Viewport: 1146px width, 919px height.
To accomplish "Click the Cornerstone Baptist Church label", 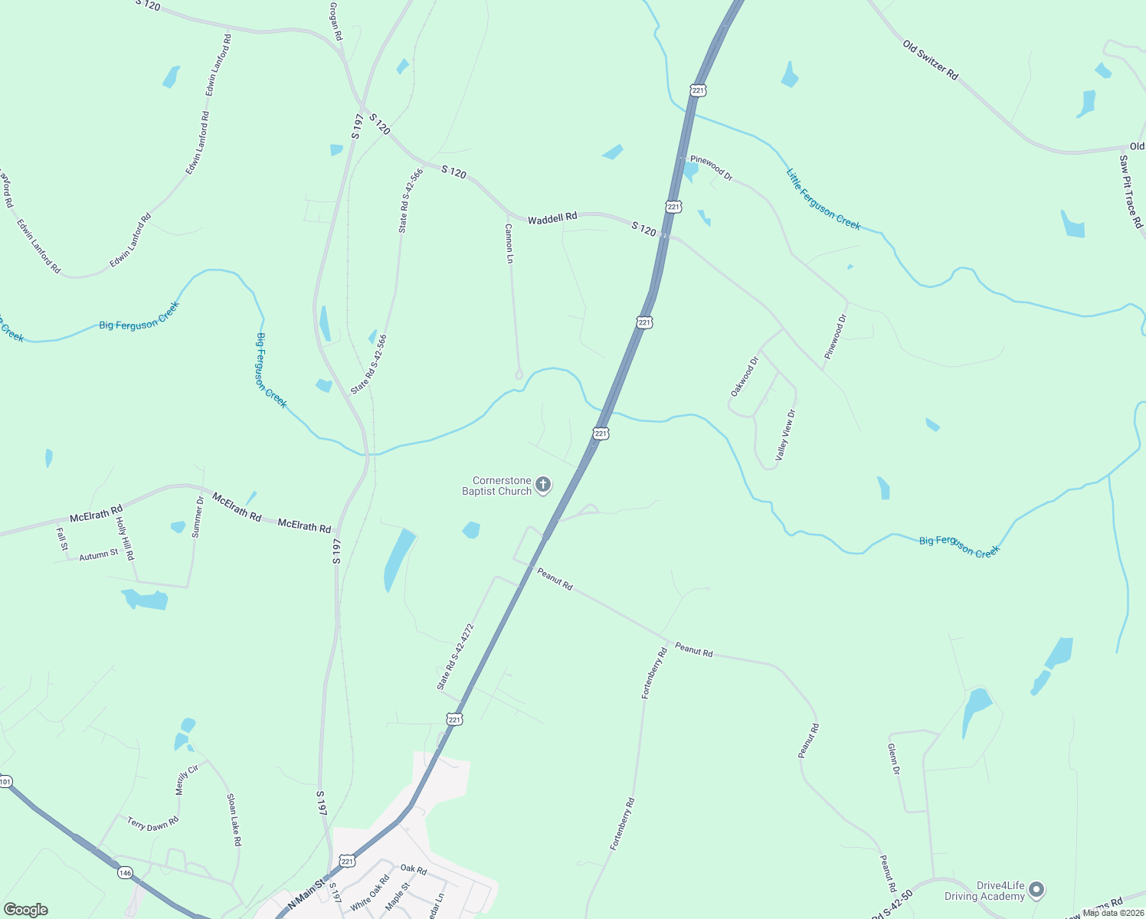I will [496, 486].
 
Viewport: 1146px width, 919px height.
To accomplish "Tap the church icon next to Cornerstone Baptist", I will [543, 484].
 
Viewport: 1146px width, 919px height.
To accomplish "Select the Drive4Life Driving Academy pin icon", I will [1036, 890].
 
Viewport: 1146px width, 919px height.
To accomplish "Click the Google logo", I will [25, 910].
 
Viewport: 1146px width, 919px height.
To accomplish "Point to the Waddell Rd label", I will [552, 218].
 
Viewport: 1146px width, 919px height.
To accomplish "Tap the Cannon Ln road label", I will [509, 244].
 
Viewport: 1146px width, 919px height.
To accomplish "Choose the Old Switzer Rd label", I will [930, 60].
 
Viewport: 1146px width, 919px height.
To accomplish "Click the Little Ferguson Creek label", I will [823, 199].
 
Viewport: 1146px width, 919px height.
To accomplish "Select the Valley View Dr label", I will [786, 434].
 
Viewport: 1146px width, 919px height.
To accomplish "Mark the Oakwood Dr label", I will [744, 376].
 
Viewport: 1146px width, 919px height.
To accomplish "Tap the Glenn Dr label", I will [893, 758].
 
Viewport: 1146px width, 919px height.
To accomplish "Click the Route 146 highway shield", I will [125, 872].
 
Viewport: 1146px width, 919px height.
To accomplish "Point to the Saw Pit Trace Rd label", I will [1131, 191].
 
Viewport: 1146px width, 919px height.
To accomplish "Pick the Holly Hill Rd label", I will [125, 538].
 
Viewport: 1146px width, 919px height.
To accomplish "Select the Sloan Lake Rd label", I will [234, 819].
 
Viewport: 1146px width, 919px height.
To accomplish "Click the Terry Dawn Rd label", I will [152, 824].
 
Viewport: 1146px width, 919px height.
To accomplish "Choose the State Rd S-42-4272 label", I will [455, 656].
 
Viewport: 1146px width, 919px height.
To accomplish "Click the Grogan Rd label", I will [335, 21].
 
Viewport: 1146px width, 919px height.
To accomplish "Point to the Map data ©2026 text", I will [1113, 912].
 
